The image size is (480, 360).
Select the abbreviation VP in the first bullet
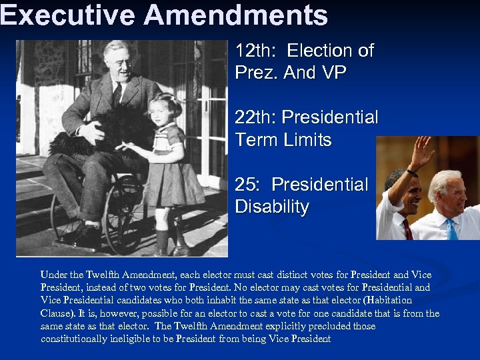(333, 73)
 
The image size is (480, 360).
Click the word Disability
(272, 207)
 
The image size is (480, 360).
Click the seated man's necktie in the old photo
(117, 93)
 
